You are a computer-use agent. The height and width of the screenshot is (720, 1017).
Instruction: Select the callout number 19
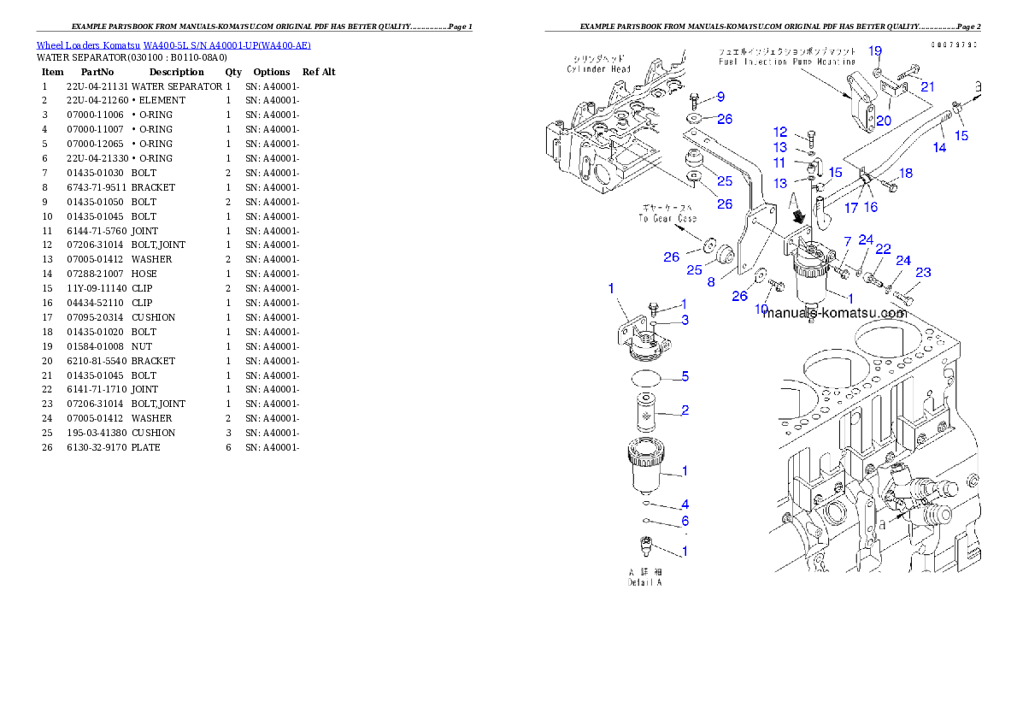[875, 51]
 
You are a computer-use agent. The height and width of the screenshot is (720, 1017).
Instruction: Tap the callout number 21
[927, 86]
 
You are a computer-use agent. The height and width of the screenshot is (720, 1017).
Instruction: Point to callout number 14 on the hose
[939, 147]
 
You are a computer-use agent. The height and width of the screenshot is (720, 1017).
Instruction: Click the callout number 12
[780, 132]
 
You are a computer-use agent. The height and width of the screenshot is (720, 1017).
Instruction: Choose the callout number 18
[906, 174]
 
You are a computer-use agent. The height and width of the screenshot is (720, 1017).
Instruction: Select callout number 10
[761, 309]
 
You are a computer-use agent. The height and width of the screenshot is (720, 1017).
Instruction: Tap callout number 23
[923, 273]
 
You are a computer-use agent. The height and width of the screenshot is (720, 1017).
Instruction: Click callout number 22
[883, 249]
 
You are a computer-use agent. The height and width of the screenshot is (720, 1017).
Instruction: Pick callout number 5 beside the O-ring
[685, 376]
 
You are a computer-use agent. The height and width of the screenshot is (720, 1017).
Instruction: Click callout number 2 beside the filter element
[685, 410]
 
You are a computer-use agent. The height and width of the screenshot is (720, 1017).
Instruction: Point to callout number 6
[685, 521]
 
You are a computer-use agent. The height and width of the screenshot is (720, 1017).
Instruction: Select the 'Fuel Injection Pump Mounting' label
[785, 62]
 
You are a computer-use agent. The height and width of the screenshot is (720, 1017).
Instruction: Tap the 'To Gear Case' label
[668, 218]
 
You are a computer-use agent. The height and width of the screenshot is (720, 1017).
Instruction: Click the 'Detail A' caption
[645, 582]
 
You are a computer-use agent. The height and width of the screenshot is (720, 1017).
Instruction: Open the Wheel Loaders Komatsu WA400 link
[173, 44]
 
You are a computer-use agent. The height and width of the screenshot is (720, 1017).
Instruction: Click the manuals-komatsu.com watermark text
[834, 313]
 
